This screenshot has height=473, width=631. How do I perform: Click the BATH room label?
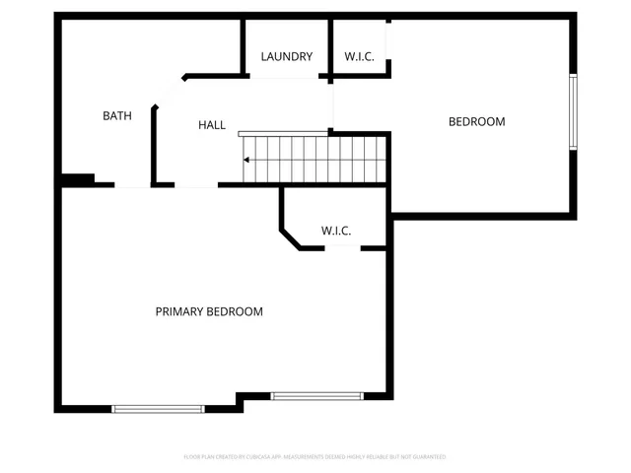(117, 116)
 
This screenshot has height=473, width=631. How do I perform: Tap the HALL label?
(212, 125)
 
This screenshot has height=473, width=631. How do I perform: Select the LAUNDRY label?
(287, 57)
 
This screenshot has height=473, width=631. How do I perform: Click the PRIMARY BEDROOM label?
(209, 311)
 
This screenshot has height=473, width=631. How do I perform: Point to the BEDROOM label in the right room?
(476, 122)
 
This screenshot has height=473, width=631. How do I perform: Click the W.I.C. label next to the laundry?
(359, 57)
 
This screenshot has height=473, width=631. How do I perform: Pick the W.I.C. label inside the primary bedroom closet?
(336, 231)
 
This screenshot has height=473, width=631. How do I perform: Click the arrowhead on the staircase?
(247, 160)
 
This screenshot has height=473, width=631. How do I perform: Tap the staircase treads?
(315, 160)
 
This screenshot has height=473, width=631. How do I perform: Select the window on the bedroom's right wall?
(573, 112)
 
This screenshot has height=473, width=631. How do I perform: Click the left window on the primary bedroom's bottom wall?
(158, 408)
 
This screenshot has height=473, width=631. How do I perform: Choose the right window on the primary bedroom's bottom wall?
(317, 396)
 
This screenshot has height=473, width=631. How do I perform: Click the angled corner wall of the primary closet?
(292, 239)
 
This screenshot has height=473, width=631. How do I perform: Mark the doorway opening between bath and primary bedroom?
(132, 184)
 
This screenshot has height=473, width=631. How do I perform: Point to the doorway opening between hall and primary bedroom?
(196, 184)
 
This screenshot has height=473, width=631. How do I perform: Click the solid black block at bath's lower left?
(78, 179)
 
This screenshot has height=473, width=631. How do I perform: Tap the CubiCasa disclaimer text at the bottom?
(315, 457)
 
